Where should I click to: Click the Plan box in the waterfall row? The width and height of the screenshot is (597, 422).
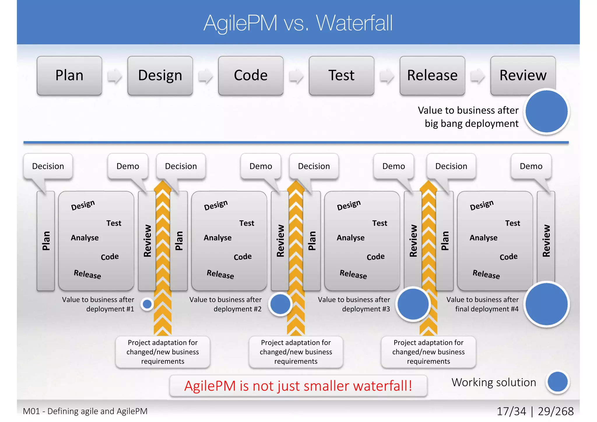click(69, 75)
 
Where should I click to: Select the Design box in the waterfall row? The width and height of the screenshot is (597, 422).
click(160, 75)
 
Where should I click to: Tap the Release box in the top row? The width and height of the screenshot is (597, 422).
click(432, 75)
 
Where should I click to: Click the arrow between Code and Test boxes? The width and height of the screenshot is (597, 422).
click(296, 76)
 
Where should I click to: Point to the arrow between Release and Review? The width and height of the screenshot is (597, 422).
click(477, 76)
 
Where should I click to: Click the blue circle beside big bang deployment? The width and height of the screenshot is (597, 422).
click(546, 111)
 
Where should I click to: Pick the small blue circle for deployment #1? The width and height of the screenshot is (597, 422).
click(147, 304)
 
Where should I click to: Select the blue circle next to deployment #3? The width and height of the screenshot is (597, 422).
click(413, 304)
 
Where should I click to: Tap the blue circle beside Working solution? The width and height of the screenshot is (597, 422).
click(557, 382)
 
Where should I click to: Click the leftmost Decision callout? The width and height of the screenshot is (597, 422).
click(48, 166)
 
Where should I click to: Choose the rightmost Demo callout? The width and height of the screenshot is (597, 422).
click(531, 166)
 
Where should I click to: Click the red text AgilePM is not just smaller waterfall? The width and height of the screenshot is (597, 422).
click(298, 386)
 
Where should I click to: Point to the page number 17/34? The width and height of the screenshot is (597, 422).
click(511, 411)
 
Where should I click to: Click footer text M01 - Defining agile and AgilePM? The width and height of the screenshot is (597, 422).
click(85, 411)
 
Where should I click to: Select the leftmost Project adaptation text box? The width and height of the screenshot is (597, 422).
click(163, 352)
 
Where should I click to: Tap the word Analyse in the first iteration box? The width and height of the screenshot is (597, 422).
click(85, 238)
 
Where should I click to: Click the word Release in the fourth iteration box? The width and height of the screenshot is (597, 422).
click(486, 274)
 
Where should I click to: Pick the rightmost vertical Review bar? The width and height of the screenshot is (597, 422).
click(546, 241)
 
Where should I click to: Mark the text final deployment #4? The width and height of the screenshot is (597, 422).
click(487, 309)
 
